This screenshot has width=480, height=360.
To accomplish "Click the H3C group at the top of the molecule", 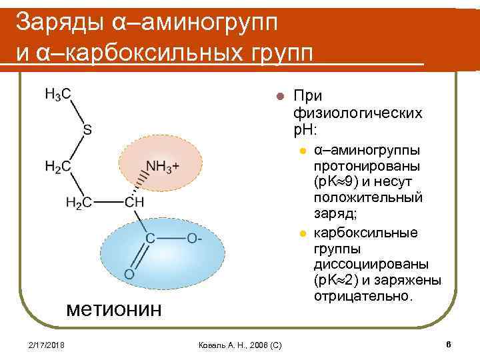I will [x=58, y=95].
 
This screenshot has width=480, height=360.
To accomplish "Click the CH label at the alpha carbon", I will [x=135, y=202].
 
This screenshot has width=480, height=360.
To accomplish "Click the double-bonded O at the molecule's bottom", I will [x=129, y=274].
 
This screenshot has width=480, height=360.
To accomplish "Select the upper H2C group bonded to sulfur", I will [x=58, y=166].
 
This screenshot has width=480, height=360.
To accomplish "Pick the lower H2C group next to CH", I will [x=79, y=202].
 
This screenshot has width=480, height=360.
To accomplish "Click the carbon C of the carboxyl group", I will [x=150, y=238].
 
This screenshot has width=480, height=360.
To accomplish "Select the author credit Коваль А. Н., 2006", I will [x=240, y=345].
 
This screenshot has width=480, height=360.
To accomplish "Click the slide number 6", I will [x=449, y=344].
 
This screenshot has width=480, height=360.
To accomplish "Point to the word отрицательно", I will [x=363, y=295].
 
